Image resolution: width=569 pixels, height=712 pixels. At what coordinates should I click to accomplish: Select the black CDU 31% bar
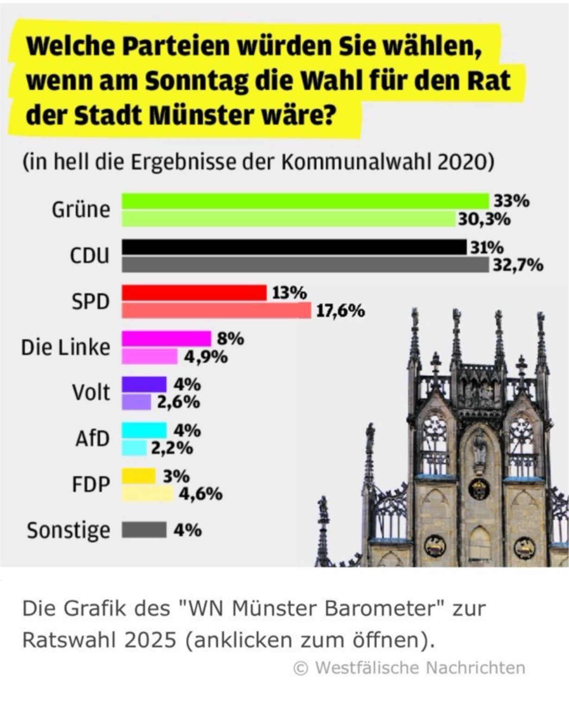click(294, 247)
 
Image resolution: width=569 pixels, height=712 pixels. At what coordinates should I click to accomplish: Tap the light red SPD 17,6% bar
click(216, 311)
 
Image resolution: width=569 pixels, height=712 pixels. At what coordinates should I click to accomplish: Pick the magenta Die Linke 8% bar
click(166, 339)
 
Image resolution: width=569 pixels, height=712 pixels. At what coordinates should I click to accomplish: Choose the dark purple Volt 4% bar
click(144, 384)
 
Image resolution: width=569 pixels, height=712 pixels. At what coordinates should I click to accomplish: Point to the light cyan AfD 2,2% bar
click(134, 448)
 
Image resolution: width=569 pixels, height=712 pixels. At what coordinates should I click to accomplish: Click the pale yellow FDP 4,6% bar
click(147, 494)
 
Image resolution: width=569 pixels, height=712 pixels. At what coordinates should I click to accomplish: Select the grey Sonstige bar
click(144, 530)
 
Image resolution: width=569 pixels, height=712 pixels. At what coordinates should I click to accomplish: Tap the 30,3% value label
click(484, 219)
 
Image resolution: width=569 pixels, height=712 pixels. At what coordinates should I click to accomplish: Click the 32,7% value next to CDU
click(518, 265)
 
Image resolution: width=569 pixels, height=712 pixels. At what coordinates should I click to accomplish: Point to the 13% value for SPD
click(289, 293)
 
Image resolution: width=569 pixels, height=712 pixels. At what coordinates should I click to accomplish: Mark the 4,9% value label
click(206, 357)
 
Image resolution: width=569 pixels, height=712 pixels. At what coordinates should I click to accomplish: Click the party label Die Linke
click(66, 347)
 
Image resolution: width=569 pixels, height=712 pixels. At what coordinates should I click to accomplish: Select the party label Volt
click(91, 393)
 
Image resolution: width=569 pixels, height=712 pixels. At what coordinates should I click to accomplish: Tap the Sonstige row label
click(69, 530)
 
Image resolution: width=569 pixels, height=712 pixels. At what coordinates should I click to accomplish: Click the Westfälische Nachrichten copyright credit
click(410, 668)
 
